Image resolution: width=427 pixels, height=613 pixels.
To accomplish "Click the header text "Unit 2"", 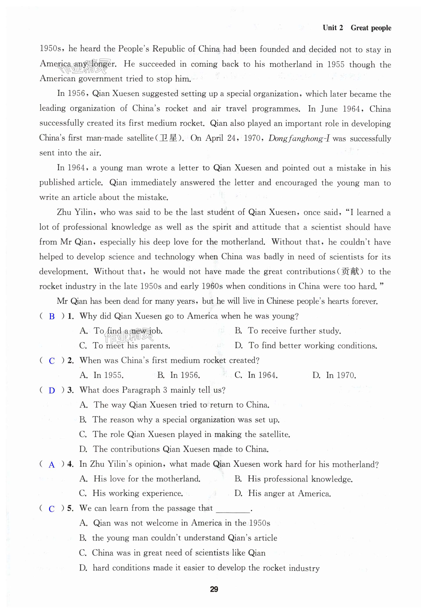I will (x=332, y=28).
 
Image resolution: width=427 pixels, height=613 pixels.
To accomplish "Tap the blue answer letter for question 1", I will (x=52, y=316).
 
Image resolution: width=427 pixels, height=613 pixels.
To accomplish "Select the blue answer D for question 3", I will (x=52, y=391).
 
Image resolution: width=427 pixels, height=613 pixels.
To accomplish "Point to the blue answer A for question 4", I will (x=52, y=465).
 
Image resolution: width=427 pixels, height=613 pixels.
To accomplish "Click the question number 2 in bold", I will (x=70, y=361).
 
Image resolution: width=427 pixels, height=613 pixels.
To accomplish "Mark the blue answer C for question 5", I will (x=52, y=509).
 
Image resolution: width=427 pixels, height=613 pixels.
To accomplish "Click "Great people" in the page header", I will (x=371, y=28).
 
